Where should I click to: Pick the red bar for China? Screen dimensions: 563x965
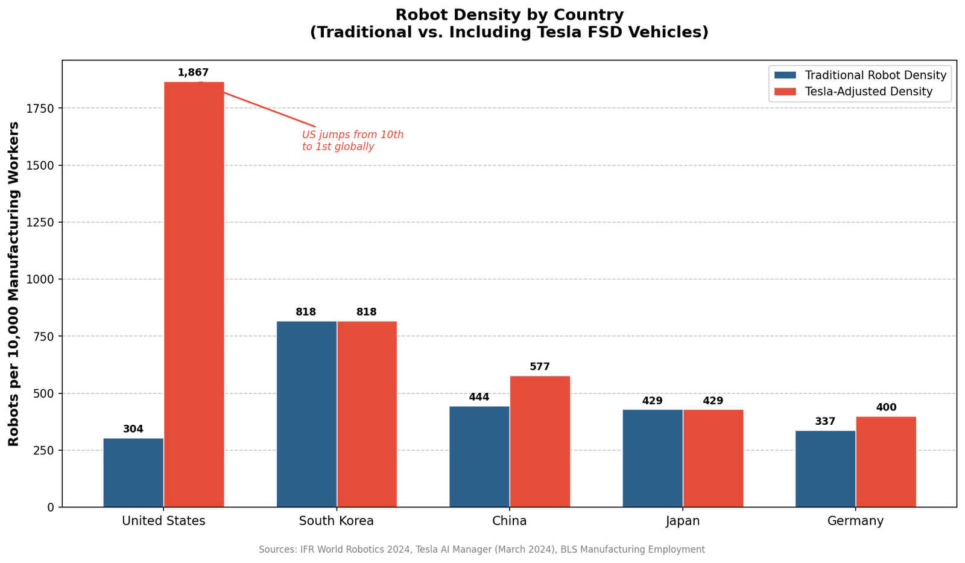[540, 441]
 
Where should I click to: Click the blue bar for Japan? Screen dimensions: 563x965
[653, 458]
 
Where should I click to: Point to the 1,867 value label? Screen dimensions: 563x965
[193, 73]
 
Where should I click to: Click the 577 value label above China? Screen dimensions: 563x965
[540, 367]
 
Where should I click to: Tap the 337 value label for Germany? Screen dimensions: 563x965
[825, 422]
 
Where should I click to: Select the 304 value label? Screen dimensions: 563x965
[133, 430]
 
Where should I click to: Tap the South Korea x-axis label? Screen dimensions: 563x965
[337, 521]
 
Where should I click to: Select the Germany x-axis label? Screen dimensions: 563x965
[855, 521]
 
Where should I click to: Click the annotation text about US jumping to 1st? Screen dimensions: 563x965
[353, 141]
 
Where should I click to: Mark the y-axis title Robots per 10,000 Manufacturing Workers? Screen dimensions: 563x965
[14, 284]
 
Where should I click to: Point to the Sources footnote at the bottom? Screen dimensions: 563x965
[481, 550]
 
